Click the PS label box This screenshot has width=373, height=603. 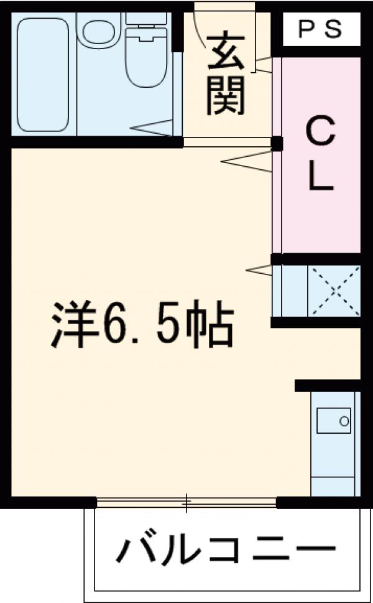click(x=321, y=30)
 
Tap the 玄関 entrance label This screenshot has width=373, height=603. click(x=224, y=75)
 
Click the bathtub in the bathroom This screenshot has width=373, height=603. click(x=42, y=73)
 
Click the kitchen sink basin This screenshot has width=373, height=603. click(x=334, y=421)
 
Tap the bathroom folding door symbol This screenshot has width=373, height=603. click(x=152, y=129)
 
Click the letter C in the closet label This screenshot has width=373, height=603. click(x=321, y=133)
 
